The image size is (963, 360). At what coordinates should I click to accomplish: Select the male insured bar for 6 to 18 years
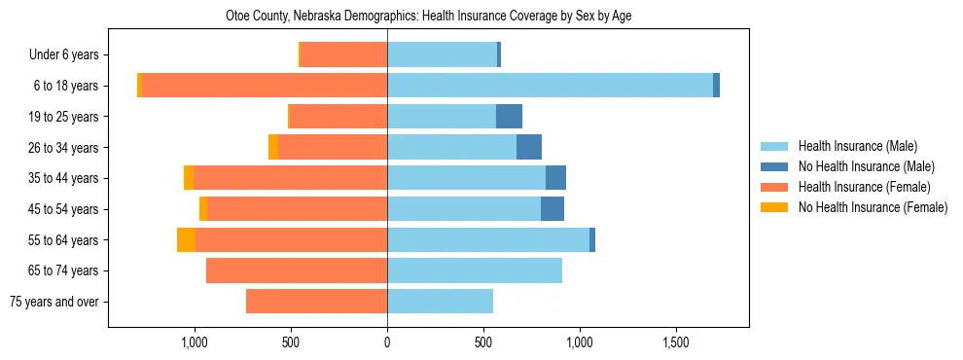coord(550,86)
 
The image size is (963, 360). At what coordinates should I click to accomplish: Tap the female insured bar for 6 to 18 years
coord(265,86)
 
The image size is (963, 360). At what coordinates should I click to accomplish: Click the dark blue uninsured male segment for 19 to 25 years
coord(509,117)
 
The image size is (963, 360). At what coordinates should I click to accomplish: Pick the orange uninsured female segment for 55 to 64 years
coord(186,240)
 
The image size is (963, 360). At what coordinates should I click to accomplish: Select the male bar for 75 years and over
coord(440,302)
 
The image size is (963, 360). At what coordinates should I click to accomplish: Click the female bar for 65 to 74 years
coord(297,270)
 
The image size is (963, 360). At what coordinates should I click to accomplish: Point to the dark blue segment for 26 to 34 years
coord(529,148)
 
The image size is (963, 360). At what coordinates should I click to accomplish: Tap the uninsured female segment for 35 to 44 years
coord(189,178)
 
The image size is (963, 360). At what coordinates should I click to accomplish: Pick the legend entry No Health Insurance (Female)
coord(873,207)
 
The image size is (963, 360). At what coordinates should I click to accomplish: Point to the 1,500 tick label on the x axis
coord(676,342)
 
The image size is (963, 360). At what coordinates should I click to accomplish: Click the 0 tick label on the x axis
coord(387,342)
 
